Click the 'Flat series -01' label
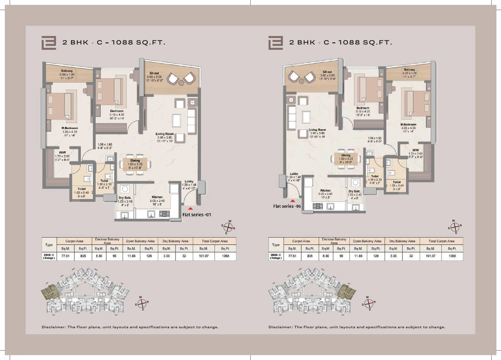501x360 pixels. click(197, 215)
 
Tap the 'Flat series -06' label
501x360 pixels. click(287, 206)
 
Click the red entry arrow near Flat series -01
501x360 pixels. click(191, 209)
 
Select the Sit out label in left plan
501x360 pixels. click(154, 73)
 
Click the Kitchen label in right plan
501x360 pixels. click(326, 190)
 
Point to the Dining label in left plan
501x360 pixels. click(135, 161)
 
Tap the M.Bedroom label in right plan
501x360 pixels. click(408, 124)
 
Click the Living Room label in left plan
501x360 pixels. click(165, 134)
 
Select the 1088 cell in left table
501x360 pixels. click(225, 256)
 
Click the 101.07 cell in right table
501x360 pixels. click(430, 256)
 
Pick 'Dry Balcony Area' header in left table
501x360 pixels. click(175, 241)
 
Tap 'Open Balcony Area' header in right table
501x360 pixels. click(367, 241)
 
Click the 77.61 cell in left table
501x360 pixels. click(66, 256)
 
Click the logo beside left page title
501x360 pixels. click(49, 43)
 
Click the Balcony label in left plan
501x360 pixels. click(67, 71)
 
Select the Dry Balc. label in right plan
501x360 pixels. click(355, 191)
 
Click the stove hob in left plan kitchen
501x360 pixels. click(164, 213)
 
